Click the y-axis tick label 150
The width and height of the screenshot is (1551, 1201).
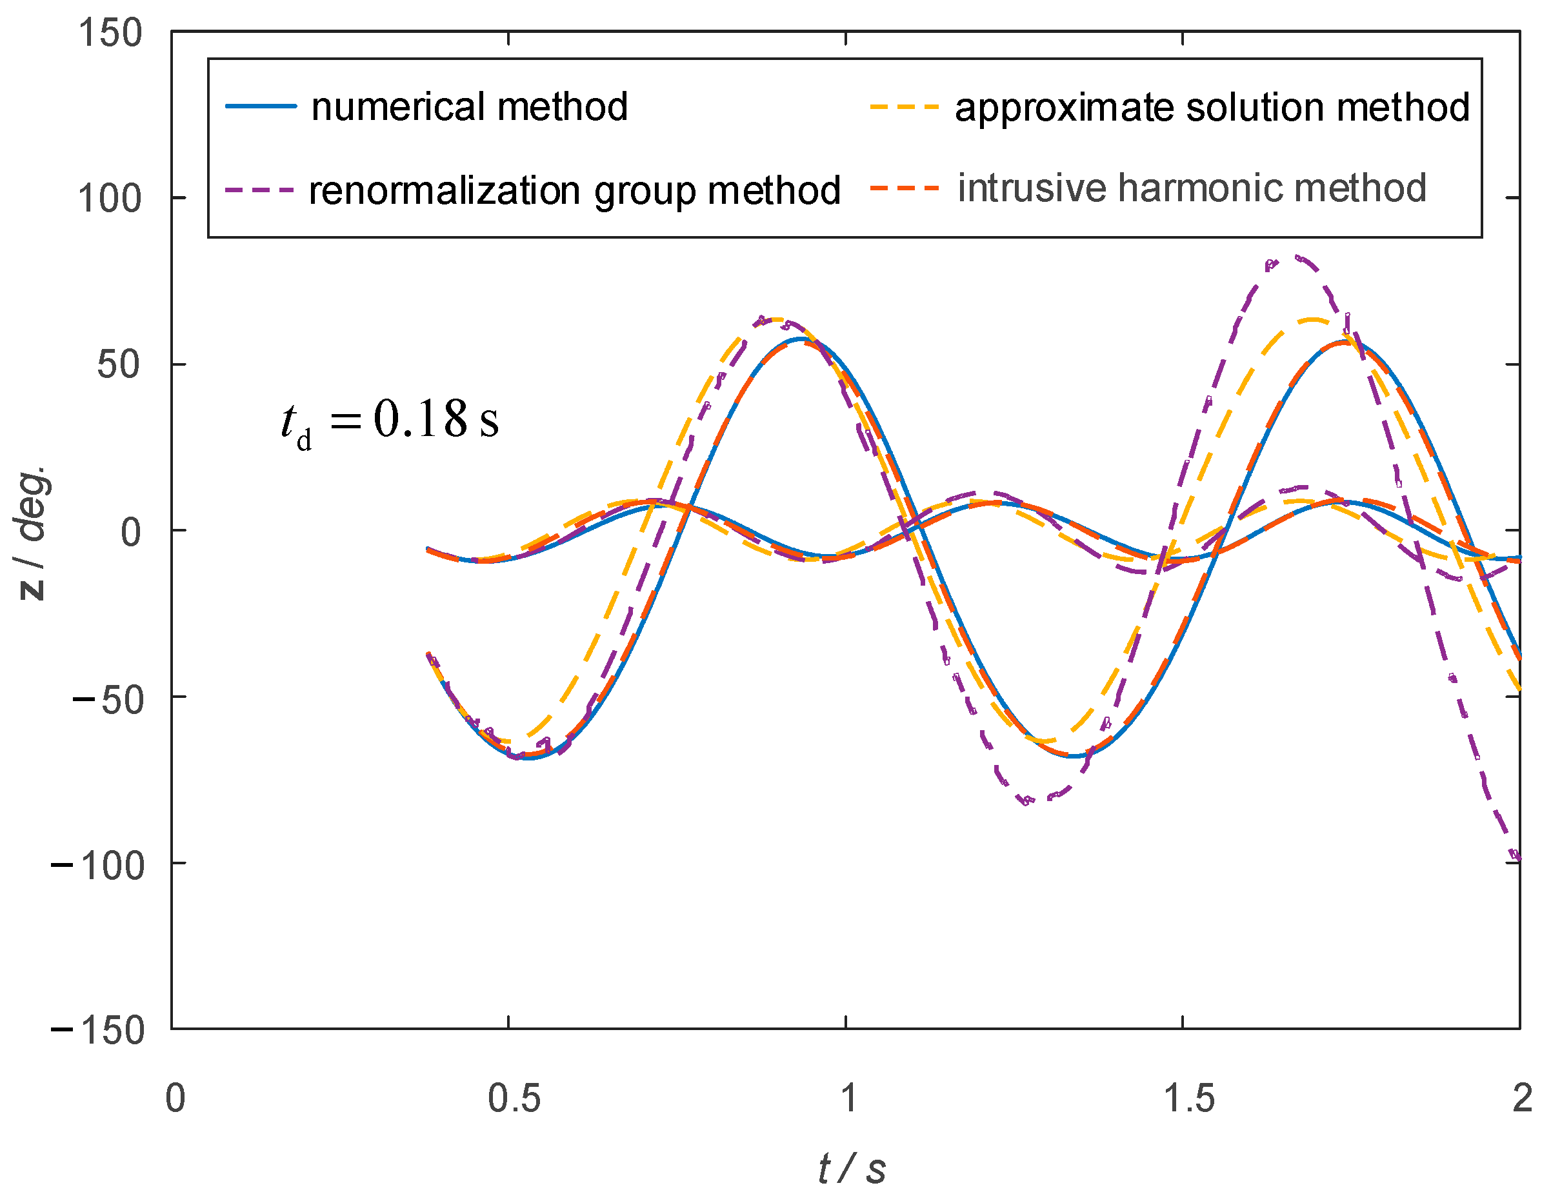110,34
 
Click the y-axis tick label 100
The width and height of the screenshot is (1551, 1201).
110,199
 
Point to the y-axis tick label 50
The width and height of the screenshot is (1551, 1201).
119,365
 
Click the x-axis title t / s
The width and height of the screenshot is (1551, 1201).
852,1168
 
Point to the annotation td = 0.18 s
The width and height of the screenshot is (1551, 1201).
390,422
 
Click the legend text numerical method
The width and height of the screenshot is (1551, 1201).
470,107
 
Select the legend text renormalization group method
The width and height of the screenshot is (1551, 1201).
574,191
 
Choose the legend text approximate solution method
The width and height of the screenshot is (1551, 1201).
1212,108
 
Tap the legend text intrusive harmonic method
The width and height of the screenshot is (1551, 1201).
1192,189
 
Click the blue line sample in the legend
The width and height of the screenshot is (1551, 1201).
261,106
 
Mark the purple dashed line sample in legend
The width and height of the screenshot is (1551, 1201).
259,190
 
